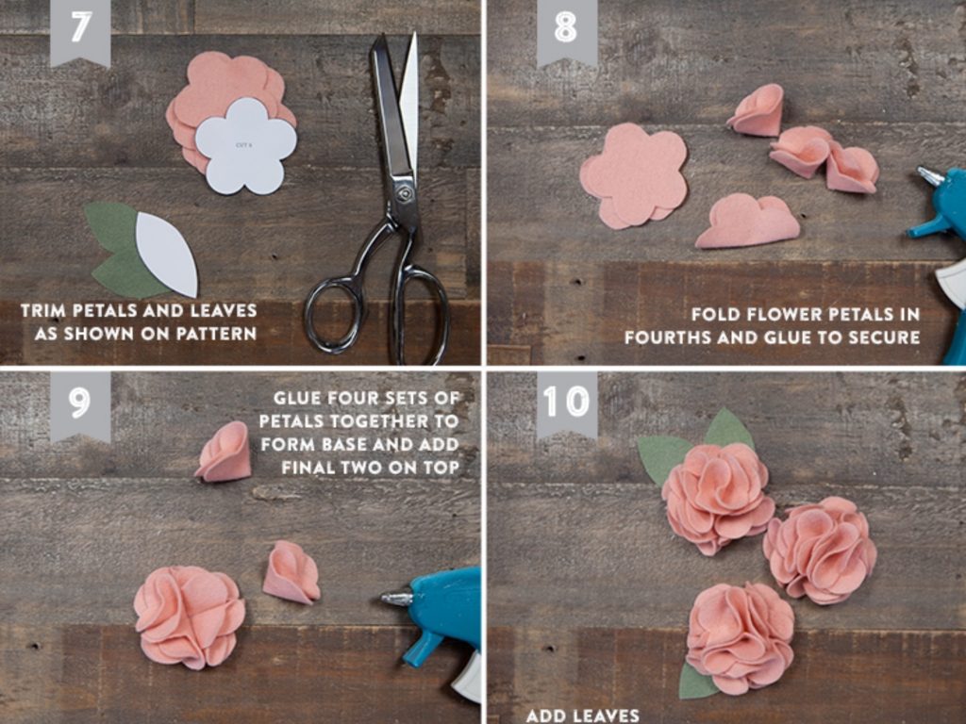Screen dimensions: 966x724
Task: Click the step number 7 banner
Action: pos(80,31)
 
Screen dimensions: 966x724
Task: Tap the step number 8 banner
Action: pos(567,31)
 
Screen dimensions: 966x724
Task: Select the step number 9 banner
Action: pos(80,405)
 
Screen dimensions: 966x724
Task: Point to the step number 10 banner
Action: pos(567,405)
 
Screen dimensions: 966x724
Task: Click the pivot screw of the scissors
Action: pos(404,193)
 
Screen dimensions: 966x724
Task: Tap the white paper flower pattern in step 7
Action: pos(246,146)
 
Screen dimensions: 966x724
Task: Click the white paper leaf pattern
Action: pos(168,253)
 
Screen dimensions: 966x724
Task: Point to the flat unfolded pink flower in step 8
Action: pos(635,175)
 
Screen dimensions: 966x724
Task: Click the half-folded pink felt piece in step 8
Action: pos(747,222)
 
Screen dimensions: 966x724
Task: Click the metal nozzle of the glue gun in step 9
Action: pos(395,597)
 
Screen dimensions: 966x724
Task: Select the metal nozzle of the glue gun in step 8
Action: pos(930,175)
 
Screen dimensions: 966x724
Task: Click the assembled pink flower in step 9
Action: pos(190,617)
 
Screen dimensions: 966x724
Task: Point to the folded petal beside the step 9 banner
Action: pos(225,452)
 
